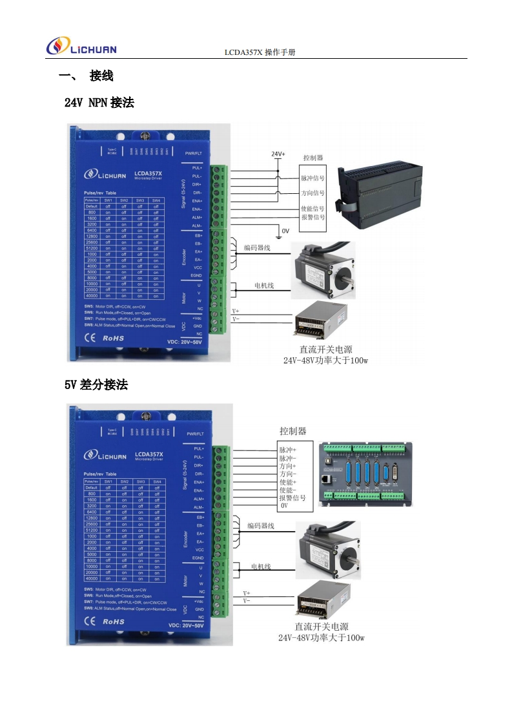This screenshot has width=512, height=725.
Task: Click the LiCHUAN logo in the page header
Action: pyautogui.click(x=81, y=47)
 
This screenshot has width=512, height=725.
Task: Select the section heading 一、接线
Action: pyautogui.click(x=86, y=76)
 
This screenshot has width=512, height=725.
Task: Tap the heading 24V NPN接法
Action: pyautogui.click(x=99, y=102)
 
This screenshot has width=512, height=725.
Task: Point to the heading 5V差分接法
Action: pyautogui.click(x=96, y=384)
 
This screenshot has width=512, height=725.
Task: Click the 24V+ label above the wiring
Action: pyautogui.click(x=278, y=154)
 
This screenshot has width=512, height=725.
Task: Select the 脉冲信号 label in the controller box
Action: pyautogui.click(x=312, y=178)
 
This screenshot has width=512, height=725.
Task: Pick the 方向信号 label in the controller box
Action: pyautogui.click(x=312, y=193)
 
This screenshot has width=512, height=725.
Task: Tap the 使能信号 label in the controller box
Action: pyautogui.click(x=312, y=209)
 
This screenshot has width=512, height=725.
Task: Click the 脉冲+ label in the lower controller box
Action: pyautogui.click(x=287, y=449)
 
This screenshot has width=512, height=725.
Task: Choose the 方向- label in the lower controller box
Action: pyautogui.click(x=287, y=474)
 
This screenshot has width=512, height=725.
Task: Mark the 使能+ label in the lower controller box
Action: pyautogui.click(x=287, y=482)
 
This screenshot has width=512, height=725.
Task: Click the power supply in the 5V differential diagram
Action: pyautogui.click(x=323, y=600)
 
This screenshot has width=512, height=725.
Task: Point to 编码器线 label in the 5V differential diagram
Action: pyautogui.click(x=261, y=526)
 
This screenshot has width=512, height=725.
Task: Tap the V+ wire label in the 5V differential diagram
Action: pyautogui.click(x=247, y=593)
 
